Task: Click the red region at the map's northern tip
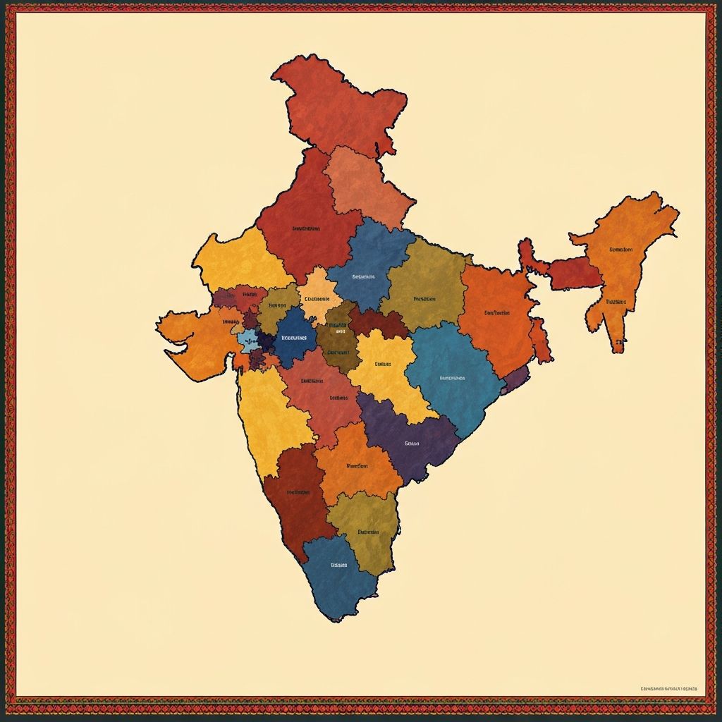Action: click(338, 106)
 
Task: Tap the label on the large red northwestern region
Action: click(305, 228)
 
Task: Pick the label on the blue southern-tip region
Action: click(339, 565)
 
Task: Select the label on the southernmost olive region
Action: click(368, 532)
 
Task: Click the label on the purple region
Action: click(412, 443)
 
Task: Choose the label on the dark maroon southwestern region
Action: click(298, 491)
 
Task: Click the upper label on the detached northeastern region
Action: click(620, 249)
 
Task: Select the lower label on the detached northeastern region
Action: click(616, 301)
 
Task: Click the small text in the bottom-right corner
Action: click(668, 688)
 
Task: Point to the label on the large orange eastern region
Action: click(496, 312)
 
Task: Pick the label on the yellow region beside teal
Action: click(383, 364)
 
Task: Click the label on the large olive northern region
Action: click(424, 298)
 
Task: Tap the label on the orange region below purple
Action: click(357, 465)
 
